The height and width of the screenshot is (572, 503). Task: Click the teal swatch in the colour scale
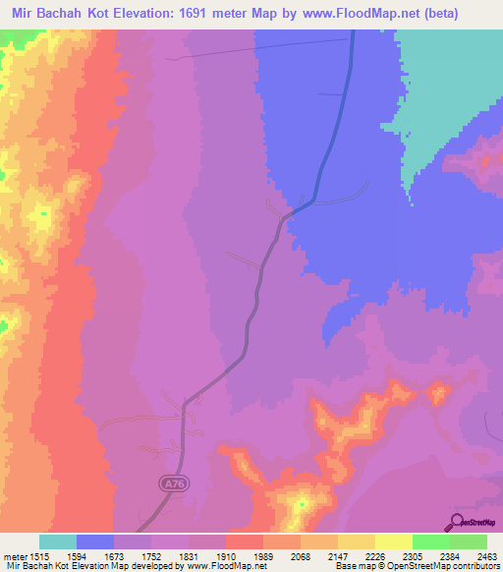pos(57,542)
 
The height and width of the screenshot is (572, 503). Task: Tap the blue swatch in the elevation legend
pos(94,542)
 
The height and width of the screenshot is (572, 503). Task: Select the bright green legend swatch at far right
pos(469,542)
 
